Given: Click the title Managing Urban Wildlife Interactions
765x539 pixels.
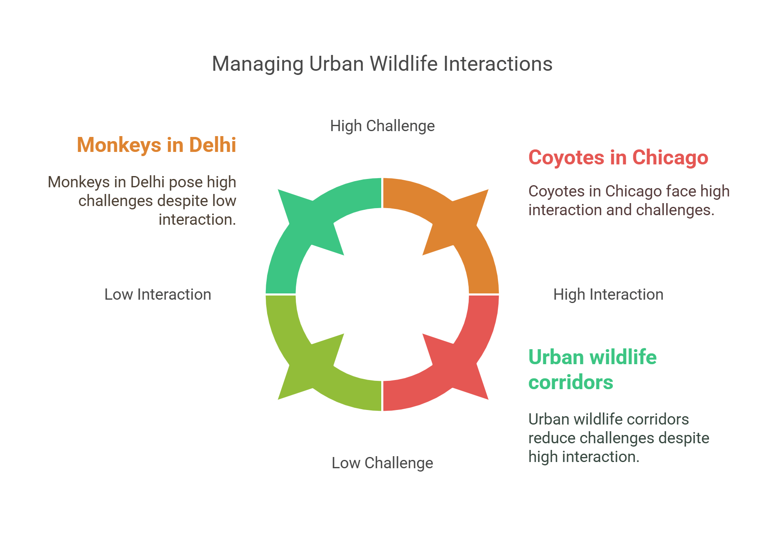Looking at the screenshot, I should (x=382, y=64).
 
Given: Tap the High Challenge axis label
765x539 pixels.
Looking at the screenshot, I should (x=382, y=126).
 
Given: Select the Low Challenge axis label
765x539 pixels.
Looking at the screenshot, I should (x=382, y=463).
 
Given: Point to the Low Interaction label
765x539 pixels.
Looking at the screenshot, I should (x=157, y=294).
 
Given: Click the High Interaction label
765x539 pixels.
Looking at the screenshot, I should (x=608, y=294).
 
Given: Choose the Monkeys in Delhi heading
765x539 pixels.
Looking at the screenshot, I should (x=156, y=145).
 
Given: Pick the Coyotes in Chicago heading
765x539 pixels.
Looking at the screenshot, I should (x=618, y=158).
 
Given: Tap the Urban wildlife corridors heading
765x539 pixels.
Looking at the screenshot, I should (x=592, y=370).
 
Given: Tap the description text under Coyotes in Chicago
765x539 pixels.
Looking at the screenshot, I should (x=628, y=201).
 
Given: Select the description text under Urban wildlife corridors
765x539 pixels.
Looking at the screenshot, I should (x=618, y=438).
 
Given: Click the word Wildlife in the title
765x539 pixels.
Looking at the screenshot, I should (x=403, y=64).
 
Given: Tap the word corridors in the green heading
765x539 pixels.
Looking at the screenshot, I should (x=570, y=383).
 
